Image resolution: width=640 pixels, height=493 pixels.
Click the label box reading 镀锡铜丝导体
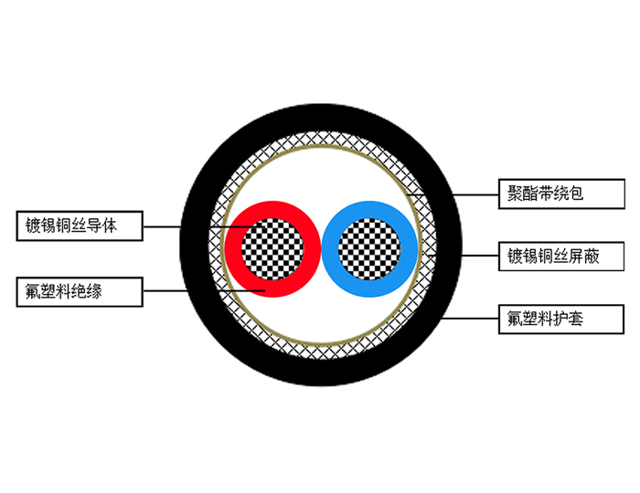(x=80, y=226)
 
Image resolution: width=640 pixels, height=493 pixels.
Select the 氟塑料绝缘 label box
(x=80, y=292)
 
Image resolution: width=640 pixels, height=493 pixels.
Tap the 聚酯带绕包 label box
(x=561, y=194)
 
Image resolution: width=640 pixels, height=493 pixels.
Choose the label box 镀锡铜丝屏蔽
(x=561, y=257)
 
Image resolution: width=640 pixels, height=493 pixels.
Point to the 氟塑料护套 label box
(x=561, y=319)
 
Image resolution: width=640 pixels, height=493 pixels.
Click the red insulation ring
(x=233, y=249)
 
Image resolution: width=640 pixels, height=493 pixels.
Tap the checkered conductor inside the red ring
(x=272, y=249)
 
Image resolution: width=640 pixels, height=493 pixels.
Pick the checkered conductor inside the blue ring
(x=369, y=249)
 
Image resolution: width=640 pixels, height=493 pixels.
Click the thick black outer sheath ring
(x=321, y=118)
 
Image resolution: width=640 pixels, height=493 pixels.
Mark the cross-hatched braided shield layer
(x=321, y=139)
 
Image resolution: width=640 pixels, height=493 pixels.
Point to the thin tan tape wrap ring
(x=321, y=146)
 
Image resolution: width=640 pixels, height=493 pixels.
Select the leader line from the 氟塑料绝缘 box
(x=204, y=291)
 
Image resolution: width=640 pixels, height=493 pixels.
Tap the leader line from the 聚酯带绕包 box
(x=453, y=194)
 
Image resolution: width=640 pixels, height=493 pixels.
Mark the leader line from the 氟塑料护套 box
(x=470, y=319)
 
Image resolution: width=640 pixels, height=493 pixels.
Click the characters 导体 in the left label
(x=102, y=226)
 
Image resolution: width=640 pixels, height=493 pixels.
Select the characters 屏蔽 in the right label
(x=584, y=257)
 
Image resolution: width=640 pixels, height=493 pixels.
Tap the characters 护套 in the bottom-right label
(x=569, y=319)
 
